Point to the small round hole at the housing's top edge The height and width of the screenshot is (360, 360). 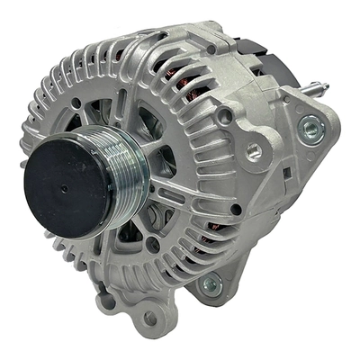pos(208,49)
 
